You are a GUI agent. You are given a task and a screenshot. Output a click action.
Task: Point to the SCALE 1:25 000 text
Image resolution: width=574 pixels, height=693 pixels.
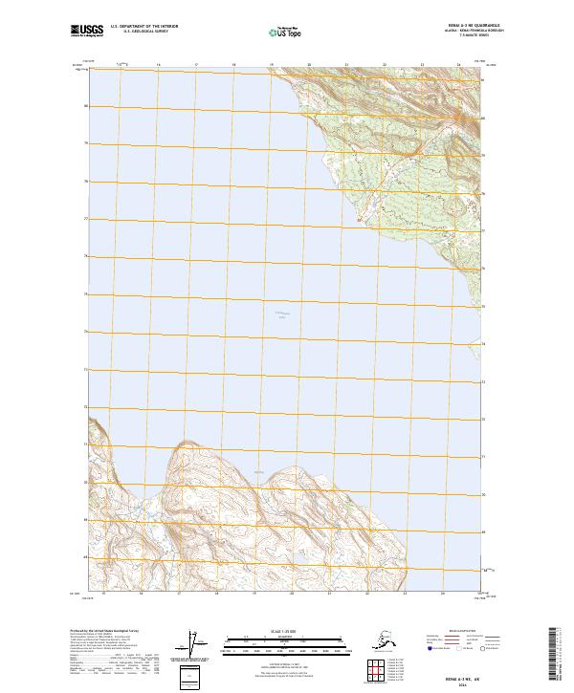287,630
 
